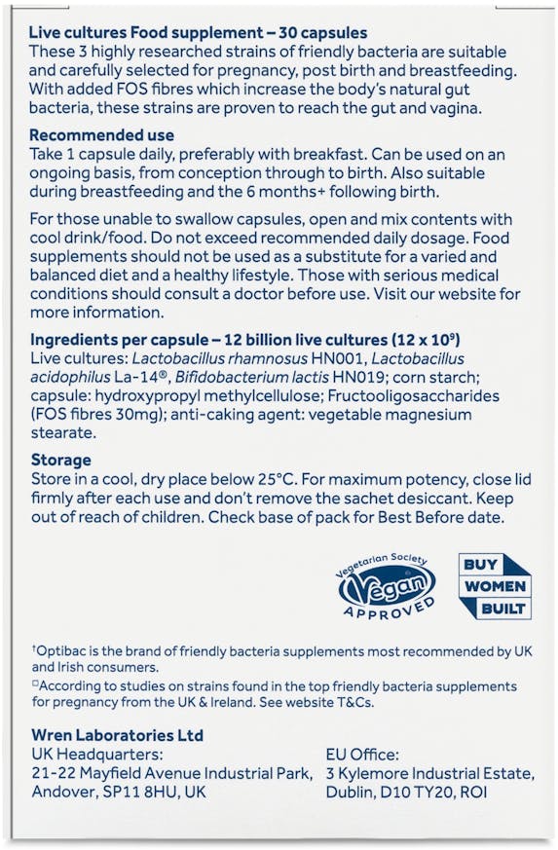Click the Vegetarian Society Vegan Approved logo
point(387,587)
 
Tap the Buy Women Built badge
point(495,585)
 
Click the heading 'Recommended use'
point(102,135)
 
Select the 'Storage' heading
point(60,460)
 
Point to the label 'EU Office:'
point(363,754)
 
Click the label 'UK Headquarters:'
point(94,754)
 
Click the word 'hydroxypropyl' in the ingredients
point(145,396)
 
